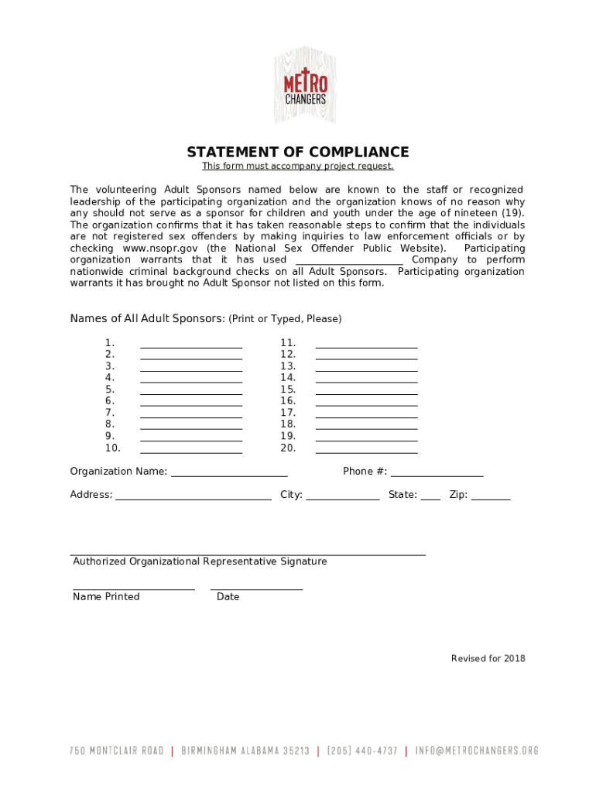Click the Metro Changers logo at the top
tap(305, 84)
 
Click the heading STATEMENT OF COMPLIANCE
tap(298, 152)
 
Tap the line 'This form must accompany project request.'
tap(298, 166)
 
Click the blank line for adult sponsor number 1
tap(191, 346)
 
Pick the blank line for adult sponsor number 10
tap(191, 451)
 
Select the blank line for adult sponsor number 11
tap(366, 346)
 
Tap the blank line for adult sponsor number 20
tap(366, 451)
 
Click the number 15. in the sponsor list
tap(288, 390)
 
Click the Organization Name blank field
tap(229, 475)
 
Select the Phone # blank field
tap(437, 475)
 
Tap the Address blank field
tap(194, 498)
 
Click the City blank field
tap(343, 498)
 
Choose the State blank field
tap(430, 498)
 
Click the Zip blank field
tap(491, 498)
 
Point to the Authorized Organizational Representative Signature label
tap(200, 561)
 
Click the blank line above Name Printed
tap(134, 588)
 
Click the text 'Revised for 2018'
tap(488, 659)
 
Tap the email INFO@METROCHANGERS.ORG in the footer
tap(477, 750)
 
